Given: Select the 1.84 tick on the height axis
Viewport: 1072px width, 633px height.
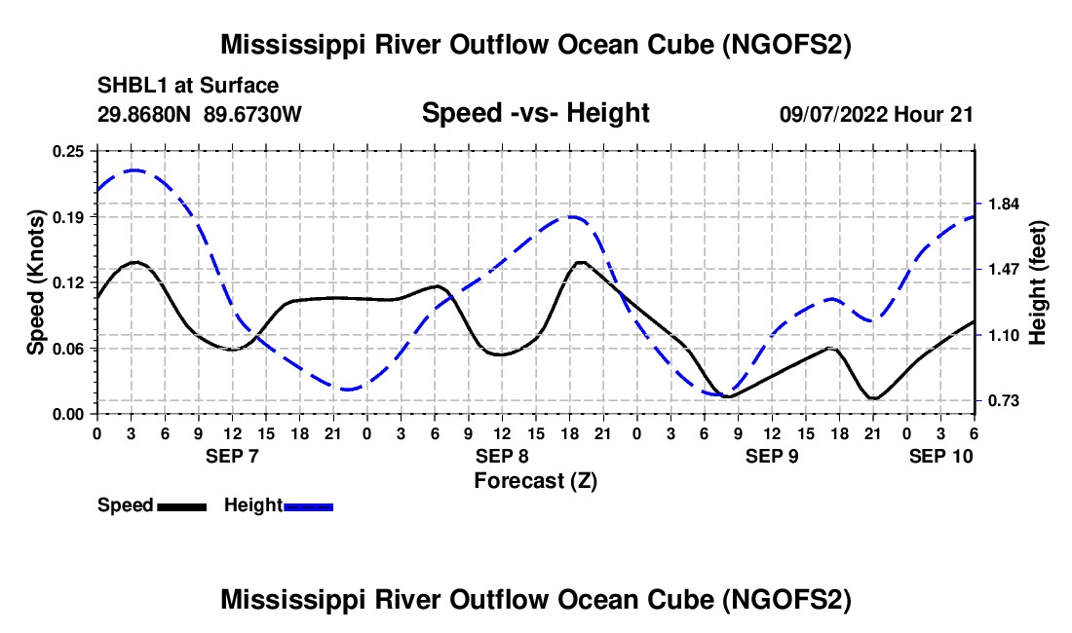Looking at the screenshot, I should [1004, 204].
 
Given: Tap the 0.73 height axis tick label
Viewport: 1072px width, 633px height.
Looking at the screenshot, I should [1004, 400].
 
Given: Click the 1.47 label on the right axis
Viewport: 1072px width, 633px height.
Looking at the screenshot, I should [1004, 269].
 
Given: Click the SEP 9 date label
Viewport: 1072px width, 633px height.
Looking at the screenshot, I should [772, 456].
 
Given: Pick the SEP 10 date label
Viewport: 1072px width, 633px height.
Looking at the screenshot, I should [941, 456].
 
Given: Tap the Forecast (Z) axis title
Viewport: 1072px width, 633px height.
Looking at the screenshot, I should [535, 480].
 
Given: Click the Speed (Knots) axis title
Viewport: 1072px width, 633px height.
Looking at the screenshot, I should [35, 281].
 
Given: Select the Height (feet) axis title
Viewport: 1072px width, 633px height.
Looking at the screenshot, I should [1037, 281].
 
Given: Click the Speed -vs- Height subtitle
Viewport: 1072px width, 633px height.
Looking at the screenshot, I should [535, 113].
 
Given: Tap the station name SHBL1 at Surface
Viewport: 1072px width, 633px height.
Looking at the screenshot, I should [188, 86].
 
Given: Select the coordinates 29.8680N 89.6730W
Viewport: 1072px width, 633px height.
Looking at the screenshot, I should [200, 114].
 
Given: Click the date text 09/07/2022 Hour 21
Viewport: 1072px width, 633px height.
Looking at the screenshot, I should [876, 114].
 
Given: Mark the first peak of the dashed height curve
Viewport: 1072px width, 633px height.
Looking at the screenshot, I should [134, 170].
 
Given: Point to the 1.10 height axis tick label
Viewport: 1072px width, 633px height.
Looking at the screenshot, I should [1004, 335].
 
